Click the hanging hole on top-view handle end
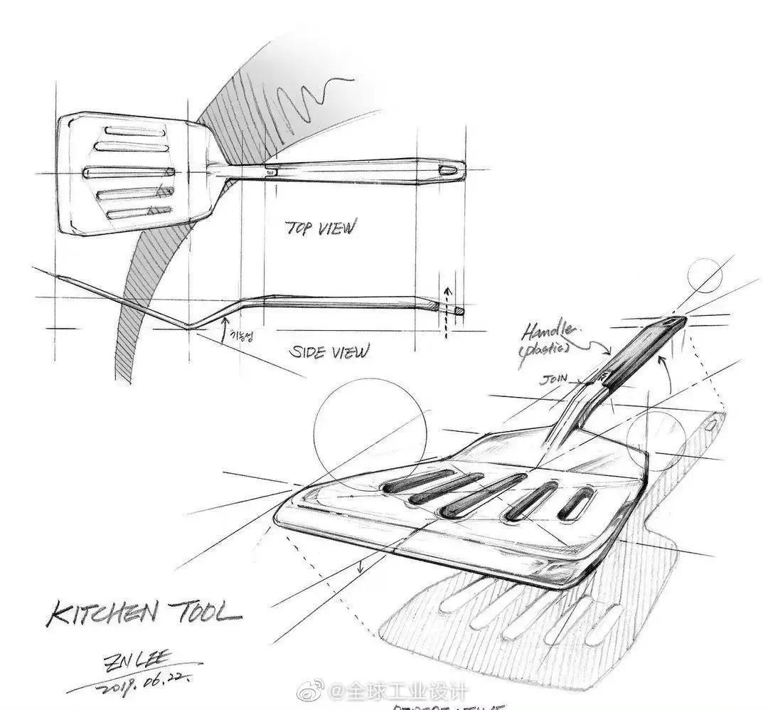(x=447, y=171)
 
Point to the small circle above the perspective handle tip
(x=705, y=276)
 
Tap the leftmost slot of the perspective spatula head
(x=412, y=481)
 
